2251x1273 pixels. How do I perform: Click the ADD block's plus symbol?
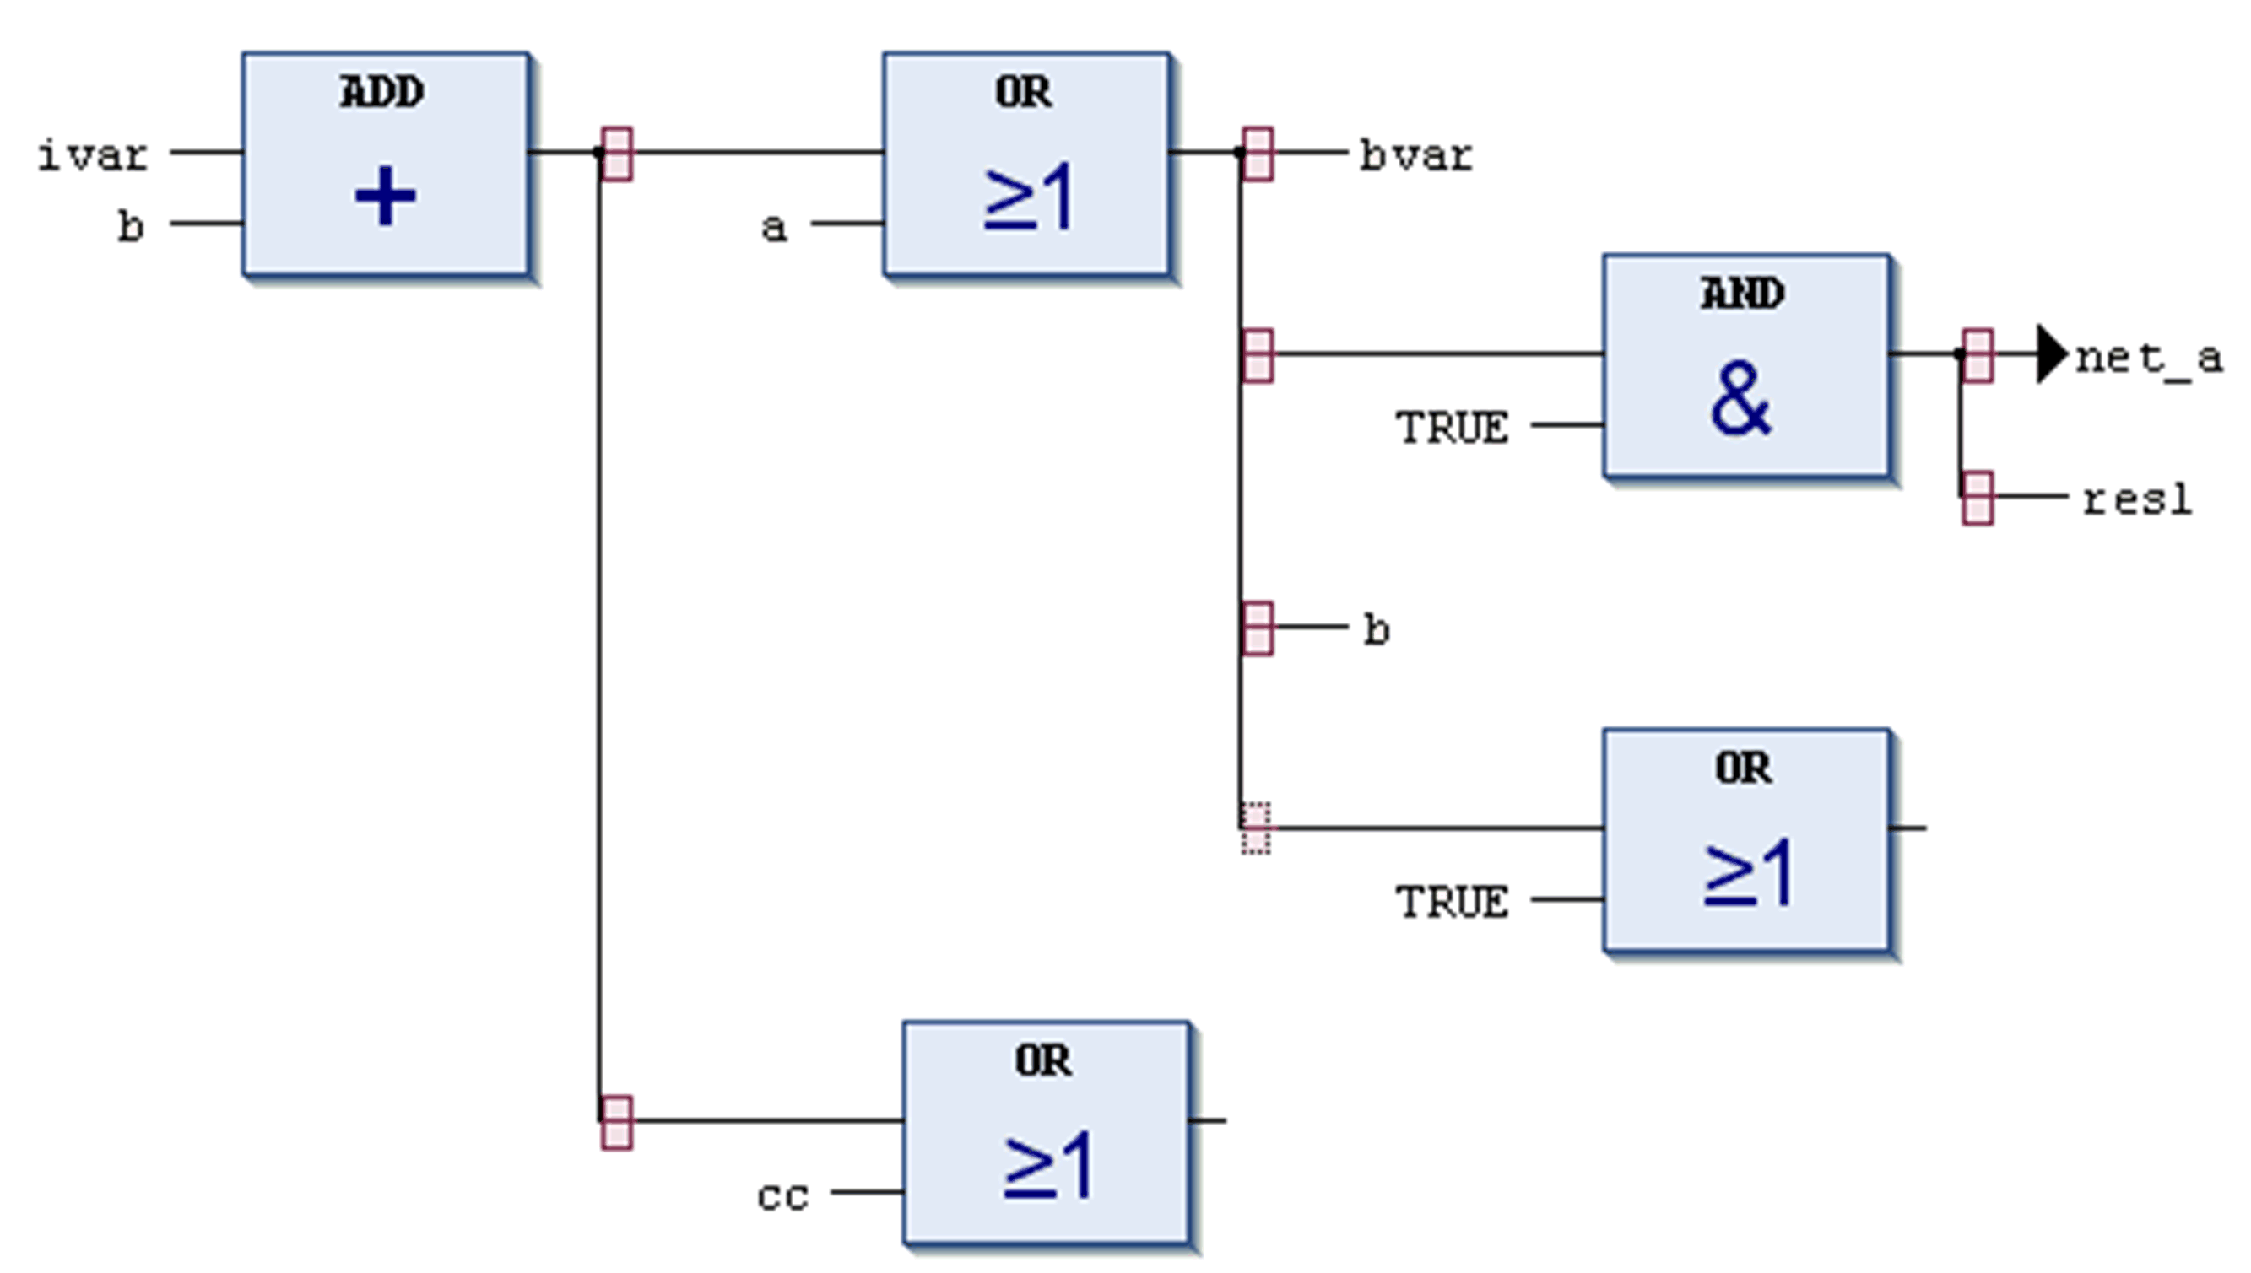coord(385,197)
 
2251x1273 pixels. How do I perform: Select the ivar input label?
coord(93,155)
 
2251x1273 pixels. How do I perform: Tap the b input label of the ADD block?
coord(130,226)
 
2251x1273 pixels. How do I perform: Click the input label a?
coord(774,227)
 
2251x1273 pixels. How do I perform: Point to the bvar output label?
coord(1415,155)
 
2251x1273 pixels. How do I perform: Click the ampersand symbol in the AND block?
coord(1740,399)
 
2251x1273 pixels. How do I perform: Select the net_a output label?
coord(2149,358)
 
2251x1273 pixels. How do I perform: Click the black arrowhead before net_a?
coord(2051,354)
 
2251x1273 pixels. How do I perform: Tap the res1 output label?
coord(2136,500)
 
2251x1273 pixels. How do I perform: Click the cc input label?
coord(782,1196)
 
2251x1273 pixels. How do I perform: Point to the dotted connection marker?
coord(1256,828)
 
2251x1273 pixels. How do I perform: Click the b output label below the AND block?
coord(1377,629)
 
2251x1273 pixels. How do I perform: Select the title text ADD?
coord(382,92)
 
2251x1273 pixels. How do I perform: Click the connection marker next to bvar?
coord(1258,154)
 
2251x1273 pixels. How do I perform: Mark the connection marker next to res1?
coord(1978,499)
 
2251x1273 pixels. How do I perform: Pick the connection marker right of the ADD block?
coord(616,154)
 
